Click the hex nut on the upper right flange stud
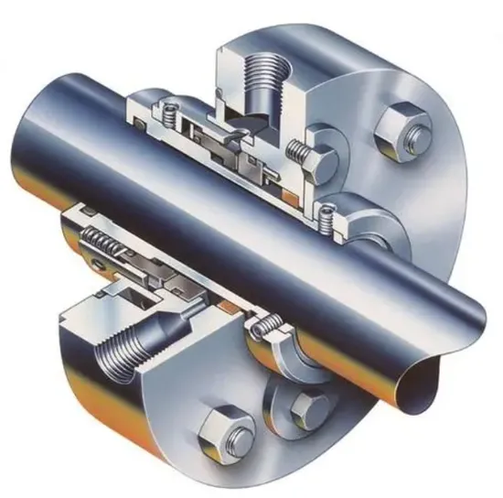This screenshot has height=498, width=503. pyautogui.click(x=402, y=127)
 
